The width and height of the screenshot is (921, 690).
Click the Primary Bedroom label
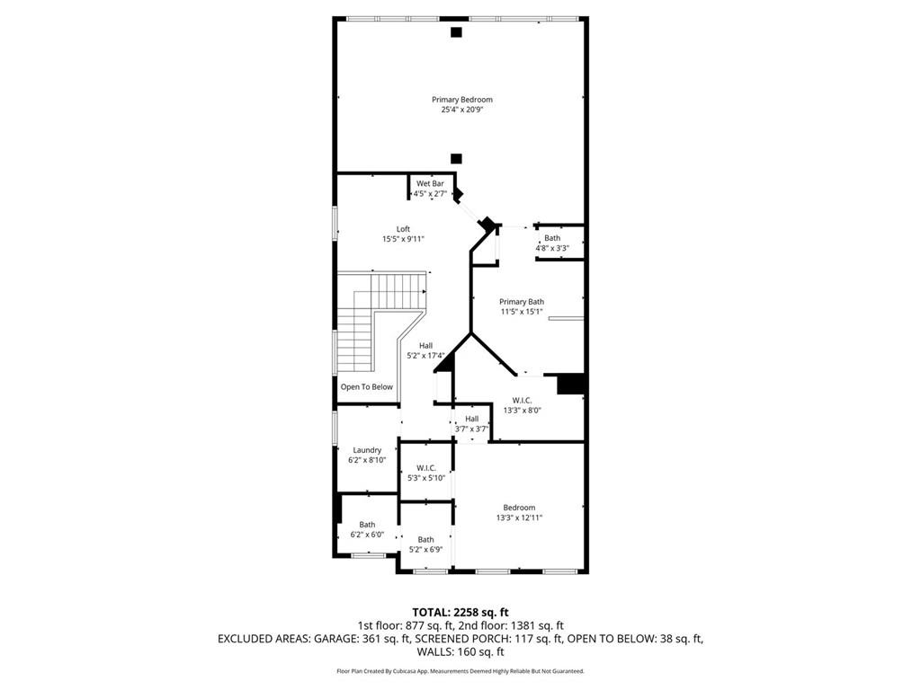(x=461, y=100)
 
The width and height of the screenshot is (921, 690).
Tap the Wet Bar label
(x=429, y=183)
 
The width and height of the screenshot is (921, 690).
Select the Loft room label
(x=402, y=229)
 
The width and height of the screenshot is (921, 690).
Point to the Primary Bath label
(x=522, y=302)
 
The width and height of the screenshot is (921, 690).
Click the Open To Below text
(x=366, y=387)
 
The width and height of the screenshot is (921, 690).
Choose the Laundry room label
(x=367, y=450)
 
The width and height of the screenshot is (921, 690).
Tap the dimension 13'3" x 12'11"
(x=519, y=517)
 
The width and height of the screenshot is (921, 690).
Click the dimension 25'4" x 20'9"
(x=461, y=111)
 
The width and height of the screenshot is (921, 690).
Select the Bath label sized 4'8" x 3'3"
(x=551, y=238)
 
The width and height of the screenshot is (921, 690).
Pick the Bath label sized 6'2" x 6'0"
(x=367, y=525)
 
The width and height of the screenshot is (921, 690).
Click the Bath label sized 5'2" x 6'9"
(x=425, y=540)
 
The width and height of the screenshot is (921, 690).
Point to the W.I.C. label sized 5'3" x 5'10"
(x=425, y=468)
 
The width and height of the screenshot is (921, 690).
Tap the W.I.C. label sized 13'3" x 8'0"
(x=522, y=400)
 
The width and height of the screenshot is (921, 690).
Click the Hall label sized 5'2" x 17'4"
(x=425, y=346)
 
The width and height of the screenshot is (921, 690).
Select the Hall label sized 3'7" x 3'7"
(x=471, y=419)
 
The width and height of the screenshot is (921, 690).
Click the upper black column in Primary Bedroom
(x=456, y=33)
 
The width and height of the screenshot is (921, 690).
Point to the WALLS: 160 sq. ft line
(x=460, y=652)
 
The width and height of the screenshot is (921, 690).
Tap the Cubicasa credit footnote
(x=460, y=671)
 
